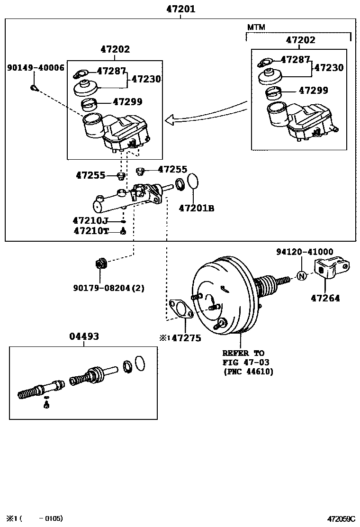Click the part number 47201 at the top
(x=180, y=9)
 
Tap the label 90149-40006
(x=36, y=68)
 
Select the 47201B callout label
(x=196, y=208)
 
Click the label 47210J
(x=90, y=220)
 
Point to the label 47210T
(x=91, y=231)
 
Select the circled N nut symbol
(x=302, y=276)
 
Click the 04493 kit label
(x=84, y=336)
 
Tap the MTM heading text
(x=256, y=27)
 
